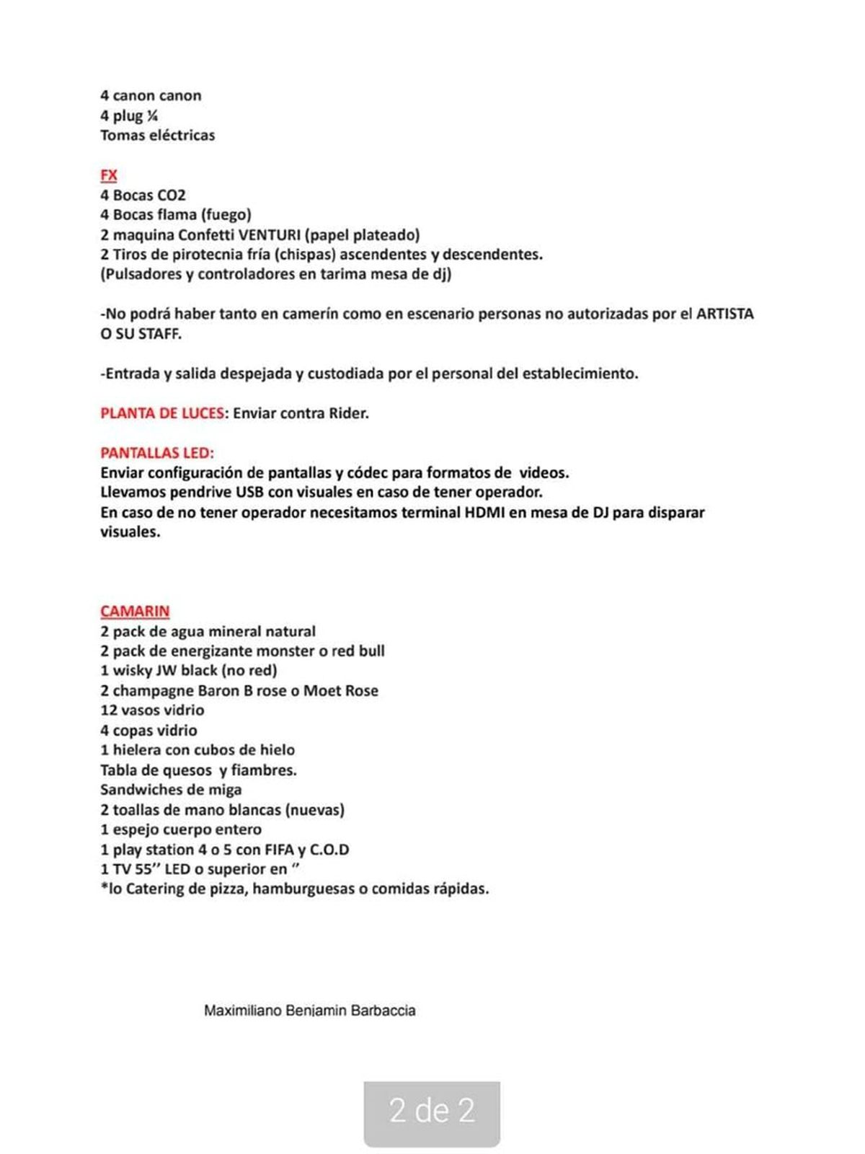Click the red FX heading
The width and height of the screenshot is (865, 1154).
tap(108, 175)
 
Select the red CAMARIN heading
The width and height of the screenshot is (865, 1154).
tap(135, 612)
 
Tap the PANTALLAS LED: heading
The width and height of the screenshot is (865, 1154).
tap(157, 453)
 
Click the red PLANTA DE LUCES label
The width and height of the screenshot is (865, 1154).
tap(162, 413)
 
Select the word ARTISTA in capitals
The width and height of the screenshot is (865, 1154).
tap(724, 314)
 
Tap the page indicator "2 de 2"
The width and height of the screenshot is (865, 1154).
tap(432, 1111)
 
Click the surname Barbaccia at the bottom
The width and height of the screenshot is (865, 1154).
tap(383, 1010)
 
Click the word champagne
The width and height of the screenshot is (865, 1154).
tap(153, 690)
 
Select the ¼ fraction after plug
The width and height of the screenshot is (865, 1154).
tap(152, 115)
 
